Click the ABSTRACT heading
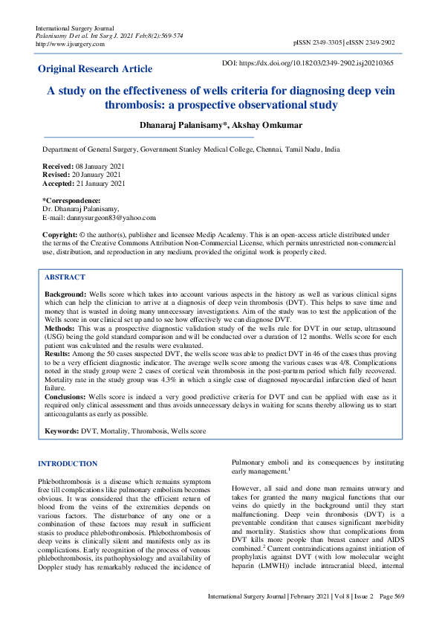tap(65, 277)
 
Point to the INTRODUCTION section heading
tap(68, 464)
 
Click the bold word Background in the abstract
tap(65, 294)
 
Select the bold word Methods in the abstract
tap(60, 327)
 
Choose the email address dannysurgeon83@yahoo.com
tap(111, 218)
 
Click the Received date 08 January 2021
tap(100, 165)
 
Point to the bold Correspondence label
tap(71, 201)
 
